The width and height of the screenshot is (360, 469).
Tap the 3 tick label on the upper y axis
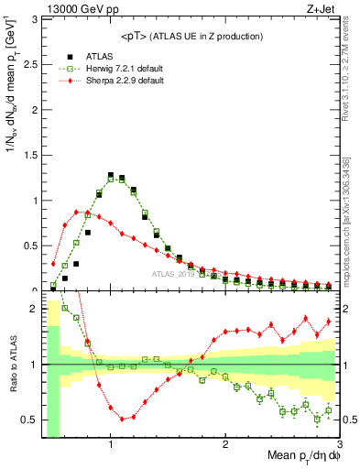coord(35,19)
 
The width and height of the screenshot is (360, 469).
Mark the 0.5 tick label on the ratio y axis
coord(30,420)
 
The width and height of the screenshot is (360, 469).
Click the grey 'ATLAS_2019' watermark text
coord(174,273)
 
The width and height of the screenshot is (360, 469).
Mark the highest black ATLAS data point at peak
coord(111,174)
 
